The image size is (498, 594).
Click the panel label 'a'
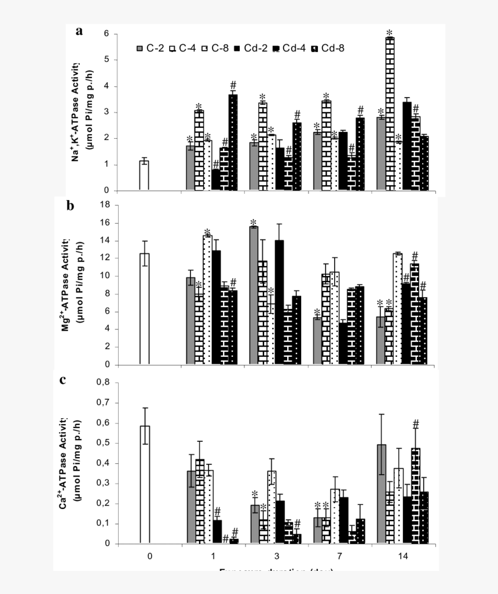79,31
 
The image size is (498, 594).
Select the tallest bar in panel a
390,113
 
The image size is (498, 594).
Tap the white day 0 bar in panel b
144,309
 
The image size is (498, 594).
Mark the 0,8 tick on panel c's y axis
104,382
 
